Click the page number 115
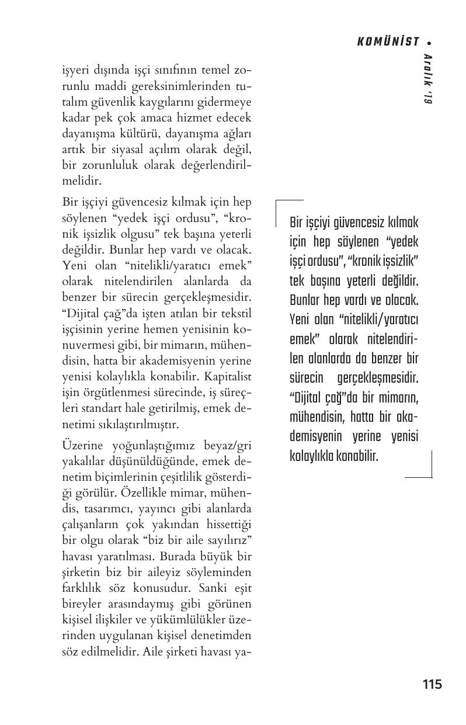click(x=432, y=684)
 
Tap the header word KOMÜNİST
click(x=388, y=42)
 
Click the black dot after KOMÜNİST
click(x=429, y=43)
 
